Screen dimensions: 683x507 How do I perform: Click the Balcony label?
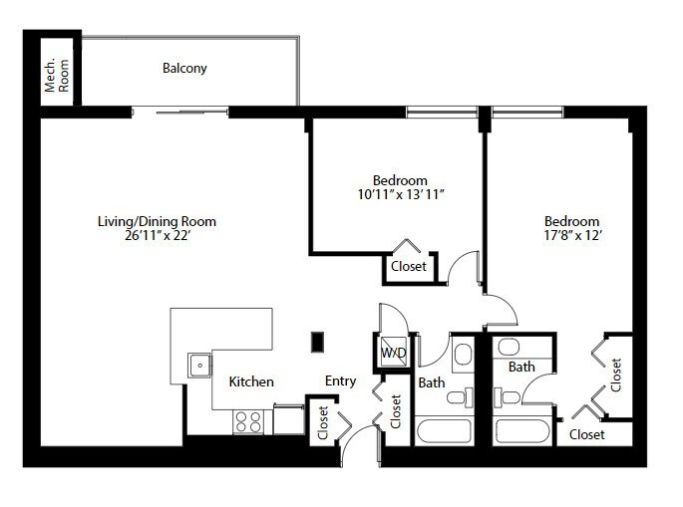184,69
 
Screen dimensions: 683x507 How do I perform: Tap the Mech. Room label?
57,76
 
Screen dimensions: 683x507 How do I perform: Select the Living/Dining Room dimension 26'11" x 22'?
158,235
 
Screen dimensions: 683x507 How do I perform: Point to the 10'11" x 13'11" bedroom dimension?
401,194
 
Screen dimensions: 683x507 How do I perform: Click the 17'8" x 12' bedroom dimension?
572,235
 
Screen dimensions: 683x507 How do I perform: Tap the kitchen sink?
199,365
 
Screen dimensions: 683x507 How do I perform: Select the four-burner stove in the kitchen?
247,421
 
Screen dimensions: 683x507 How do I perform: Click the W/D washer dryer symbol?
394,352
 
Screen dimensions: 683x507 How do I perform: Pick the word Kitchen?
251,381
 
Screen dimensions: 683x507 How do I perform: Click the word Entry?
341,381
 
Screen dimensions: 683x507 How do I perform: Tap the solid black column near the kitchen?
317,342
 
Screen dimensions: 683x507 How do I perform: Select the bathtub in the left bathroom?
444,431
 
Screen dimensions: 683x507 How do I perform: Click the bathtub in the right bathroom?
522,431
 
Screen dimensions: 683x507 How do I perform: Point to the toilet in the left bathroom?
460,397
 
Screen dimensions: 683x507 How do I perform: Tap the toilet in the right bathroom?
507,397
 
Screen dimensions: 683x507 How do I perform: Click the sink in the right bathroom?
509,348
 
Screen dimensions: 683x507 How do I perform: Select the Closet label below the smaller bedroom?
409,266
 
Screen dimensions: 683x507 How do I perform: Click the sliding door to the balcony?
179,112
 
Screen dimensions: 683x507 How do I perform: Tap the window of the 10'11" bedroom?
442,112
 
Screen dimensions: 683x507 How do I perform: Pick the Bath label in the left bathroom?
432,382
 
